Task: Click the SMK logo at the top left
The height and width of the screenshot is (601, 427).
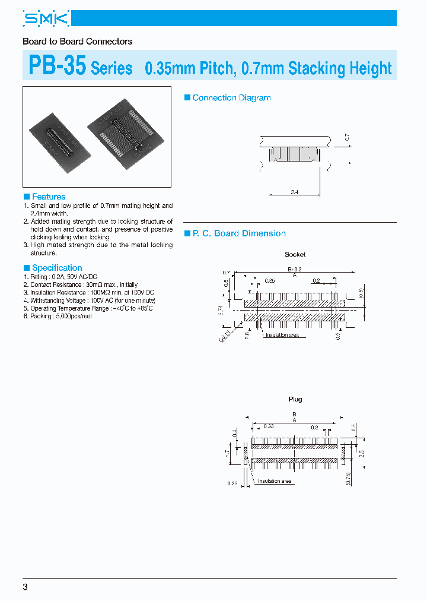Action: pos(46,19)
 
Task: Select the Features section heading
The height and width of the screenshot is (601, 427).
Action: pos(48,197)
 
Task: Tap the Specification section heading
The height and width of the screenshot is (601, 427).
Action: pos(56,268)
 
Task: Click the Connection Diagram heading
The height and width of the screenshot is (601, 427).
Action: pos(231,98)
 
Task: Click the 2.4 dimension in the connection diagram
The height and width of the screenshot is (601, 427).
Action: pos(294,192)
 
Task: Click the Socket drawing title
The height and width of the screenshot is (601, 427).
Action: pos(295,254)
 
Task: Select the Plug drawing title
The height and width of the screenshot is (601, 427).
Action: pos(295,399)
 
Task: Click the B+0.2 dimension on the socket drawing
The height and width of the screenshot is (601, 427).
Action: pos(294,269)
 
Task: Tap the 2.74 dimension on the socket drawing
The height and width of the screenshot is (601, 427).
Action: pos(221,309)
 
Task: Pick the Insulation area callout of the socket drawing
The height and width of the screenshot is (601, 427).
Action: pos(282,336)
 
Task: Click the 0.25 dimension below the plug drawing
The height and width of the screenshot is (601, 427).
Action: pos(232,483)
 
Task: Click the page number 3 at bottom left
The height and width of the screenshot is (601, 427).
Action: pos(25,587)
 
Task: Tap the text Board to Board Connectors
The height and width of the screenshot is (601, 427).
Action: pos(77,42)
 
